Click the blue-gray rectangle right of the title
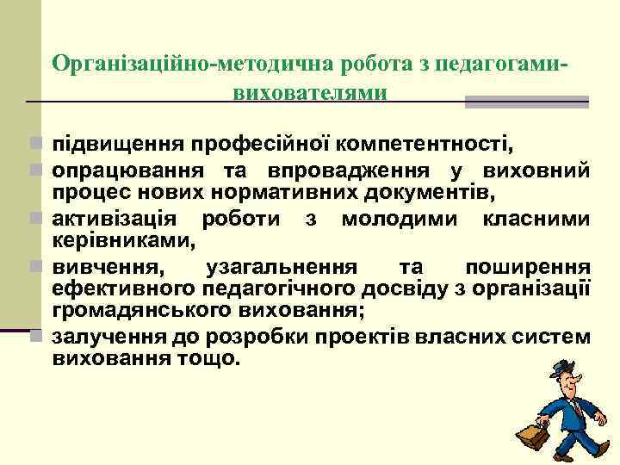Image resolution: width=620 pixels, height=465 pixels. tap(526, 102)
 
